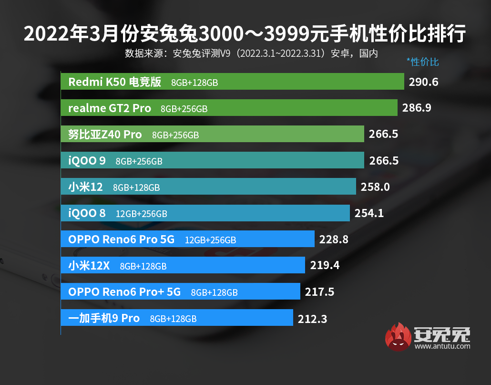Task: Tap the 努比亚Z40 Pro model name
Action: [x=105, y=135]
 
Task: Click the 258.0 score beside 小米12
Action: [x=375, y=187]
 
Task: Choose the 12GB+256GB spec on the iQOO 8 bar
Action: [x=141, y=214]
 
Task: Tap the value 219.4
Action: [x=325, y=265]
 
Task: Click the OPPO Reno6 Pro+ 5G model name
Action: [x=124, y=292]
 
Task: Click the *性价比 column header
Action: [x=422, y=62]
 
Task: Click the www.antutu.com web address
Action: [x=442, y=346]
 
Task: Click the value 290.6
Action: [x=423, y=82]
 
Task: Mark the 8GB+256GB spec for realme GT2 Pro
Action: [x=184, y=109]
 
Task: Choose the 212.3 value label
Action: [x=312, y=318]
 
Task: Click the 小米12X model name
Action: [x=89, y=266]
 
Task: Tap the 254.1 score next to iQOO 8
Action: [x=369, y=213]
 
